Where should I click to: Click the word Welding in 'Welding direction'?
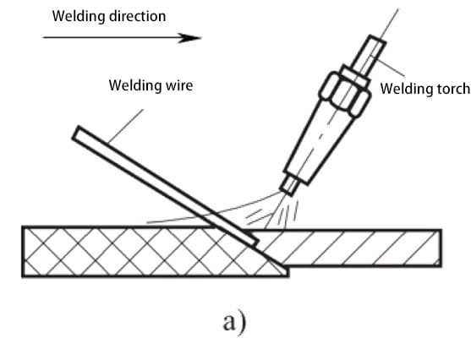pos(79,17)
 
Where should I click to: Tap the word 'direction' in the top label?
pos(137,16)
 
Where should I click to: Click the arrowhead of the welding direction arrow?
pos(189,38)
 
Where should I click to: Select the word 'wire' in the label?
pos(179,85)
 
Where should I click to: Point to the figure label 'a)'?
pos(234,323)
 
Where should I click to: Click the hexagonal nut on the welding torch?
pos(345,94)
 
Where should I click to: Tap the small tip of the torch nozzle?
pos(289,186)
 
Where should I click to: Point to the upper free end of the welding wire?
pos(76,134)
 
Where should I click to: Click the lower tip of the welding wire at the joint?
pos(255,243)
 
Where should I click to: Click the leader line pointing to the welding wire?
pos(126,126)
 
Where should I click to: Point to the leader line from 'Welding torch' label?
pos(388,66)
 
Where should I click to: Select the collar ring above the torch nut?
pos(355,75)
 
